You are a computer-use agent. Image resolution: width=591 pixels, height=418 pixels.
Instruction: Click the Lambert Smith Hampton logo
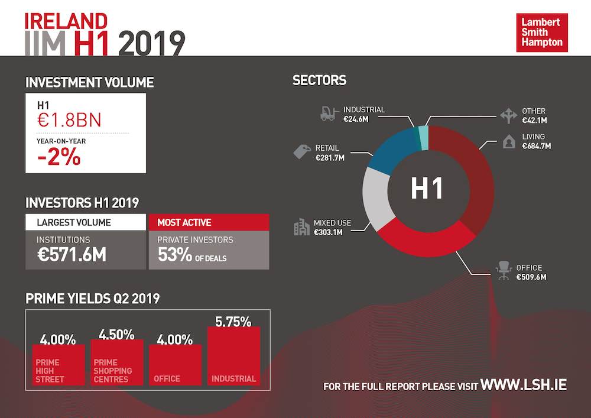[x=542, y=33]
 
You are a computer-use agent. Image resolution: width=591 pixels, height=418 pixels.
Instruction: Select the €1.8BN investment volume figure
[x=69, y=120]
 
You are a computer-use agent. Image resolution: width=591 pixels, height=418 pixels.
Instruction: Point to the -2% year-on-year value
[x=59, y=158]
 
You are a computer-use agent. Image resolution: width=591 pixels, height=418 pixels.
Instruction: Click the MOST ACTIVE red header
[x=209, y=222]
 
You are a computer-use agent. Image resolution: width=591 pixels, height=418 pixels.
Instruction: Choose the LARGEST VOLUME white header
[x=85, y=222]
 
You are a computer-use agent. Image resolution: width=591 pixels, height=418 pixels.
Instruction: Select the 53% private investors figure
[x=175, y=255]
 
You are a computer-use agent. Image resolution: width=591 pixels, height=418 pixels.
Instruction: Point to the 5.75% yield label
[x=233, y=322]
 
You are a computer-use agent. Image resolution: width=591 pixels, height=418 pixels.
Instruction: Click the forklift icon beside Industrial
[x=327, y=114]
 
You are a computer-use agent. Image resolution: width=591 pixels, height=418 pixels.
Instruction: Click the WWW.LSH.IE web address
[x=524, y=385]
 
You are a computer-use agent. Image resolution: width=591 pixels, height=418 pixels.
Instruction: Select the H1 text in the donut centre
[x=427, y=189]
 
